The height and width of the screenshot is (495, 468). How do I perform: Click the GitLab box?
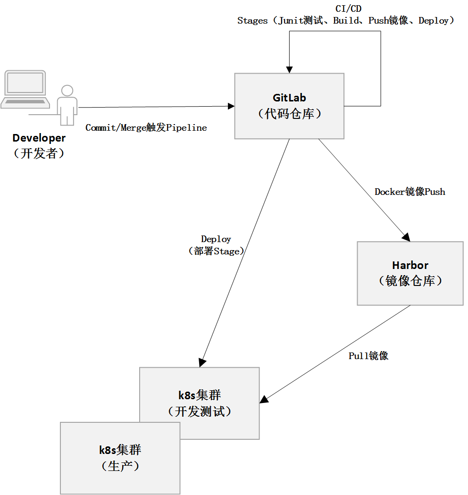[289, 106]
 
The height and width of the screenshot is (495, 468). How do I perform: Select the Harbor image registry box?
[410, 273]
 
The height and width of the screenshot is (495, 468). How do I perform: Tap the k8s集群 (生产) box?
[120, 458]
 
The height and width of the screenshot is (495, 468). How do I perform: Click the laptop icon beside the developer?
[25, 90]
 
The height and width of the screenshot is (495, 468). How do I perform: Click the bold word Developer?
[39, 138]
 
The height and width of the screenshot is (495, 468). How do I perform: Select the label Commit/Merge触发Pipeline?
[146, 128]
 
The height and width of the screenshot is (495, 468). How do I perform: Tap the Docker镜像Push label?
[410, 192]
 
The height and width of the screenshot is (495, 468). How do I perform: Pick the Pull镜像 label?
[368, 356]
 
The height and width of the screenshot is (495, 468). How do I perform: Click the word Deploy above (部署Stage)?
[216, 239]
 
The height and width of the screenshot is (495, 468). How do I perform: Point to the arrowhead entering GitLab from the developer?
[231, 106]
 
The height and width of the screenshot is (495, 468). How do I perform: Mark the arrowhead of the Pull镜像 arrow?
[264, 399]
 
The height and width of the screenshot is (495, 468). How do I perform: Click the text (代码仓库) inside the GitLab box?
[289, 114]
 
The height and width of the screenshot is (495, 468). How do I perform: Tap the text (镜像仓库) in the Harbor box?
[410, 281]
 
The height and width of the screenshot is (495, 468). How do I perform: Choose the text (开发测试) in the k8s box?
[200, 411]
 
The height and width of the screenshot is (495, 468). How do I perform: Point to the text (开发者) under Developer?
[39, 153]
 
